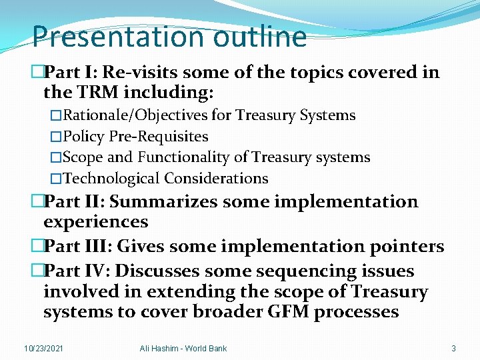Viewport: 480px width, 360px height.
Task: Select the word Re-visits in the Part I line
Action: (x=146, y=72)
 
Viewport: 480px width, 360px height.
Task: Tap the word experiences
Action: (x=95, y=221)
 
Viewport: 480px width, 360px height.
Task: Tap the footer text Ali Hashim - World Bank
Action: (x=183, y=348)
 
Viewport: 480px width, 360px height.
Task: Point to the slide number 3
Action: (x=453, y=348)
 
